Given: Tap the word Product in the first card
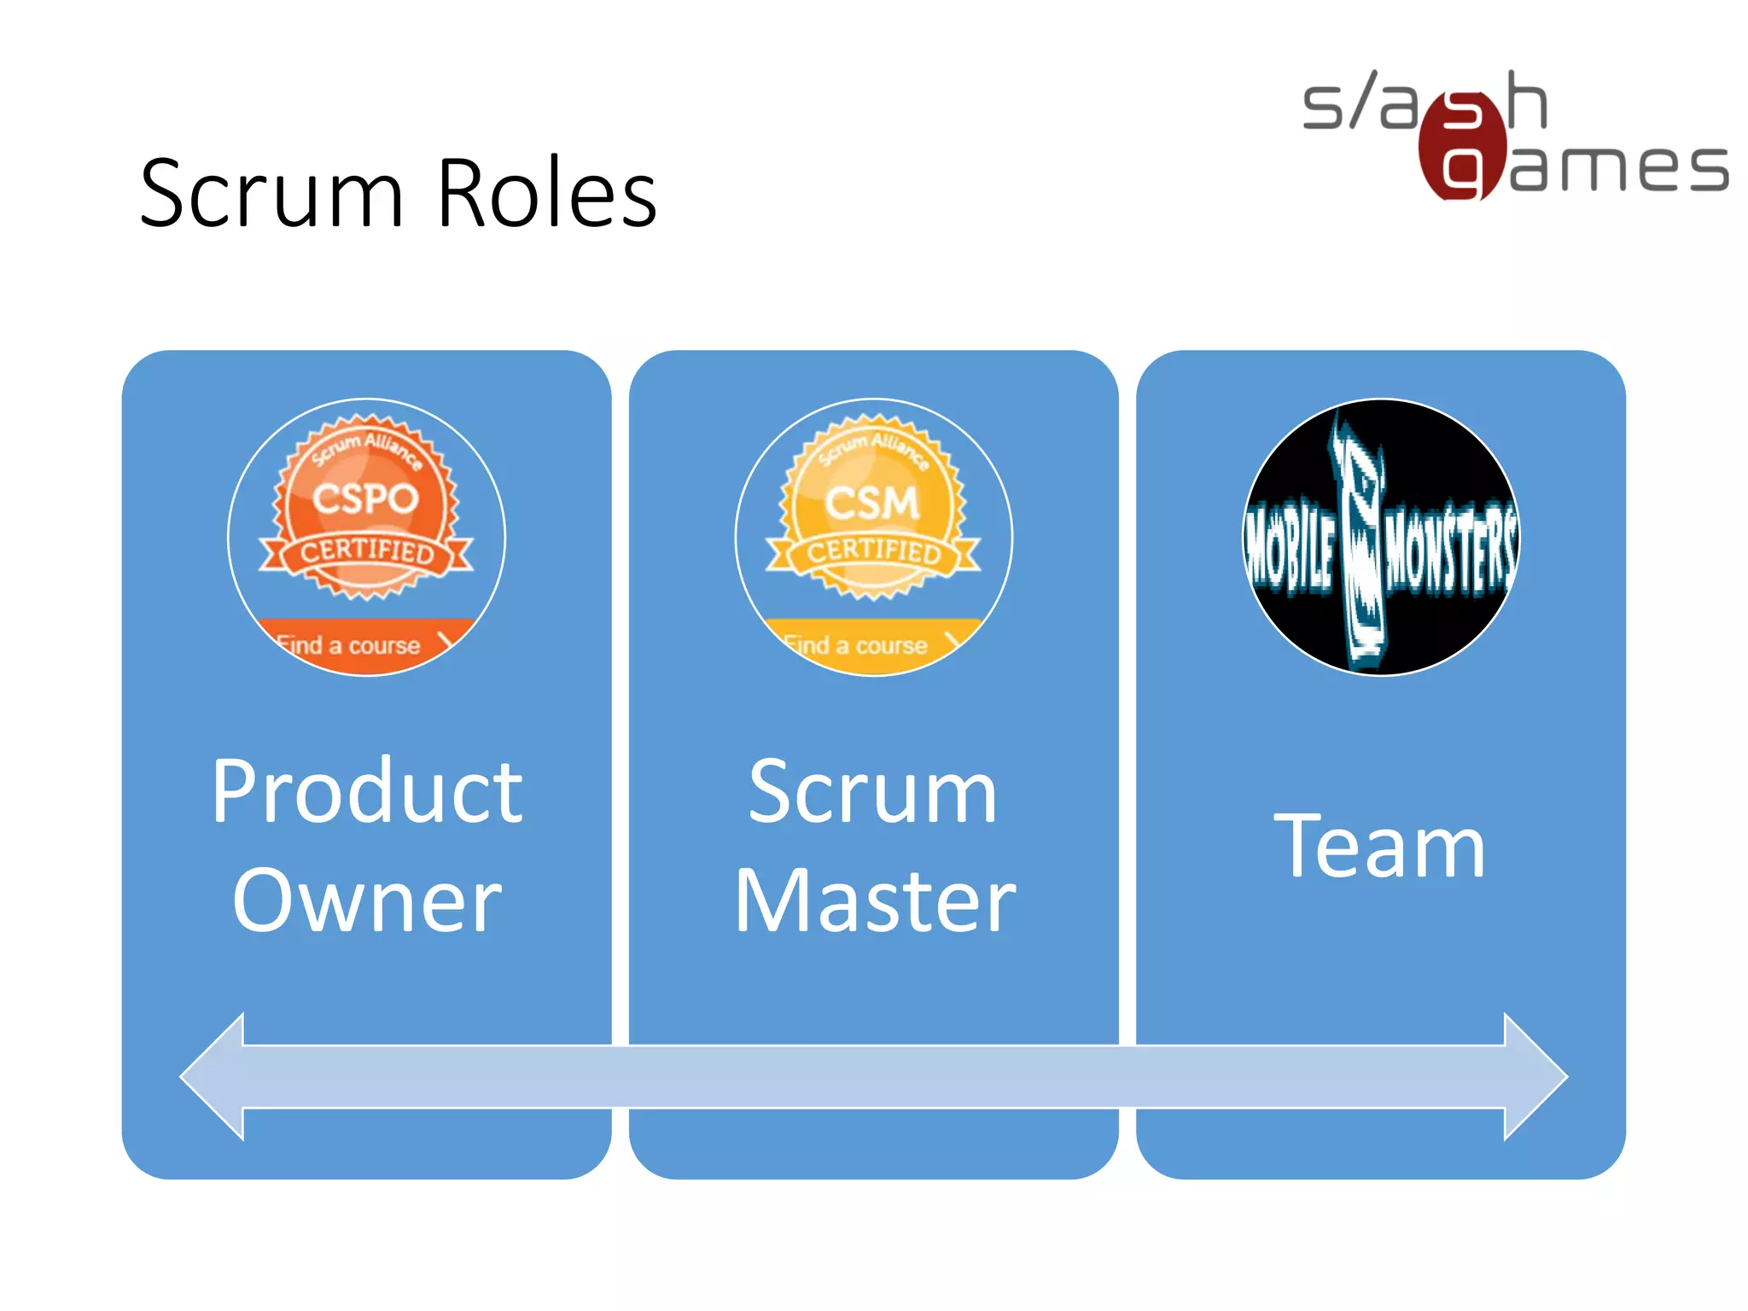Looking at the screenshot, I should coord(367,792).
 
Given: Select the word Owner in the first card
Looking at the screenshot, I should coord(367,900).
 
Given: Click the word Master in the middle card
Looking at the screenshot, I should coord(875,900).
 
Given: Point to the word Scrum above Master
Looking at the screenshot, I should coord(872,792).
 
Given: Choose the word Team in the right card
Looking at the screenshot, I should coord(1379,847).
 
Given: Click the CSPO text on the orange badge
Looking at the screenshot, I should coord(365,499).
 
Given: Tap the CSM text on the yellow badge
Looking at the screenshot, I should coord(872,502).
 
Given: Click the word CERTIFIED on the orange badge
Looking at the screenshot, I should coord(367,551).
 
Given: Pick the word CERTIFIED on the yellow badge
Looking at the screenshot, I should coord(874,551).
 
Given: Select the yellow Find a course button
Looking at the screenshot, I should coord(866,644).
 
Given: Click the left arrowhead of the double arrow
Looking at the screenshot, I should coord(213,1077).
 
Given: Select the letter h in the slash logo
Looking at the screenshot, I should coord(1526,101).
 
